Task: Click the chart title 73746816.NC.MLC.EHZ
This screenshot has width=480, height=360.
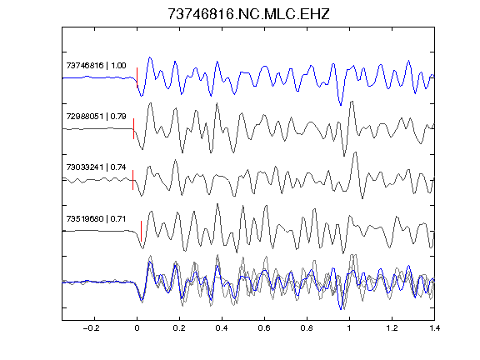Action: tap(248, 14)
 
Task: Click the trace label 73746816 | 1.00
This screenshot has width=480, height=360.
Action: tap(96, 66)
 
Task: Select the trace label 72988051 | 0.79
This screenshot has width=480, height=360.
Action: tap(96, 117)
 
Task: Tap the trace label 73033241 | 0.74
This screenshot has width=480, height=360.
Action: tap(96, 167)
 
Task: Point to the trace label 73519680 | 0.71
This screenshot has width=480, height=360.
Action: tap(96, 219)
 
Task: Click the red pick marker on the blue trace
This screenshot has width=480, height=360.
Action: tap(137, 77)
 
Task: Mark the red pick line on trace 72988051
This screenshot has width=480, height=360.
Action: tap(134, 128)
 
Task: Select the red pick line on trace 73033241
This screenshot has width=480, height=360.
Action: tap(132, 180)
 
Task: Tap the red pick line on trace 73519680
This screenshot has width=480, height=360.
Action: tap(141, 231)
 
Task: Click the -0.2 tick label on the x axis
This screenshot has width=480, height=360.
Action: tap(91, 328)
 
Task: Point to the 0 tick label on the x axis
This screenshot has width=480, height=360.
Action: tap(137, 328)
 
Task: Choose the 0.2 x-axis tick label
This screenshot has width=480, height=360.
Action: tap(179, 328)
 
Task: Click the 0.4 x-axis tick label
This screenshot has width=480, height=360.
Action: tap(222, 328)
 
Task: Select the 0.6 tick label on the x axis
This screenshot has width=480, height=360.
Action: tap(264, 328)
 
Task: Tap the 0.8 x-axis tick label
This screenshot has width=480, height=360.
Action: tap(307, 328)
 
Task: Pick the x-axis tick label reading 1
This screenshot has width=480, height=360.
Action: tap(349, 328)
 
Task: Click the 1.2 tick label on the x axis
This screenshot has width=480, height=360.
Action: tap(392, 328)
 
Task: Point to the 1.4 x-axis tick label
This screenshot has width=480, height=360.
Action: tap(434, 328)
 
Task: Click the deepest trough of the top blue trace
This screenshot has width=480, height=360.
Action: tap(341, 105)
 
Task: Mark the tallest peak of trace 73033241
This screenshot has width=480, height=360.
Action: tap(355, 152)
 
